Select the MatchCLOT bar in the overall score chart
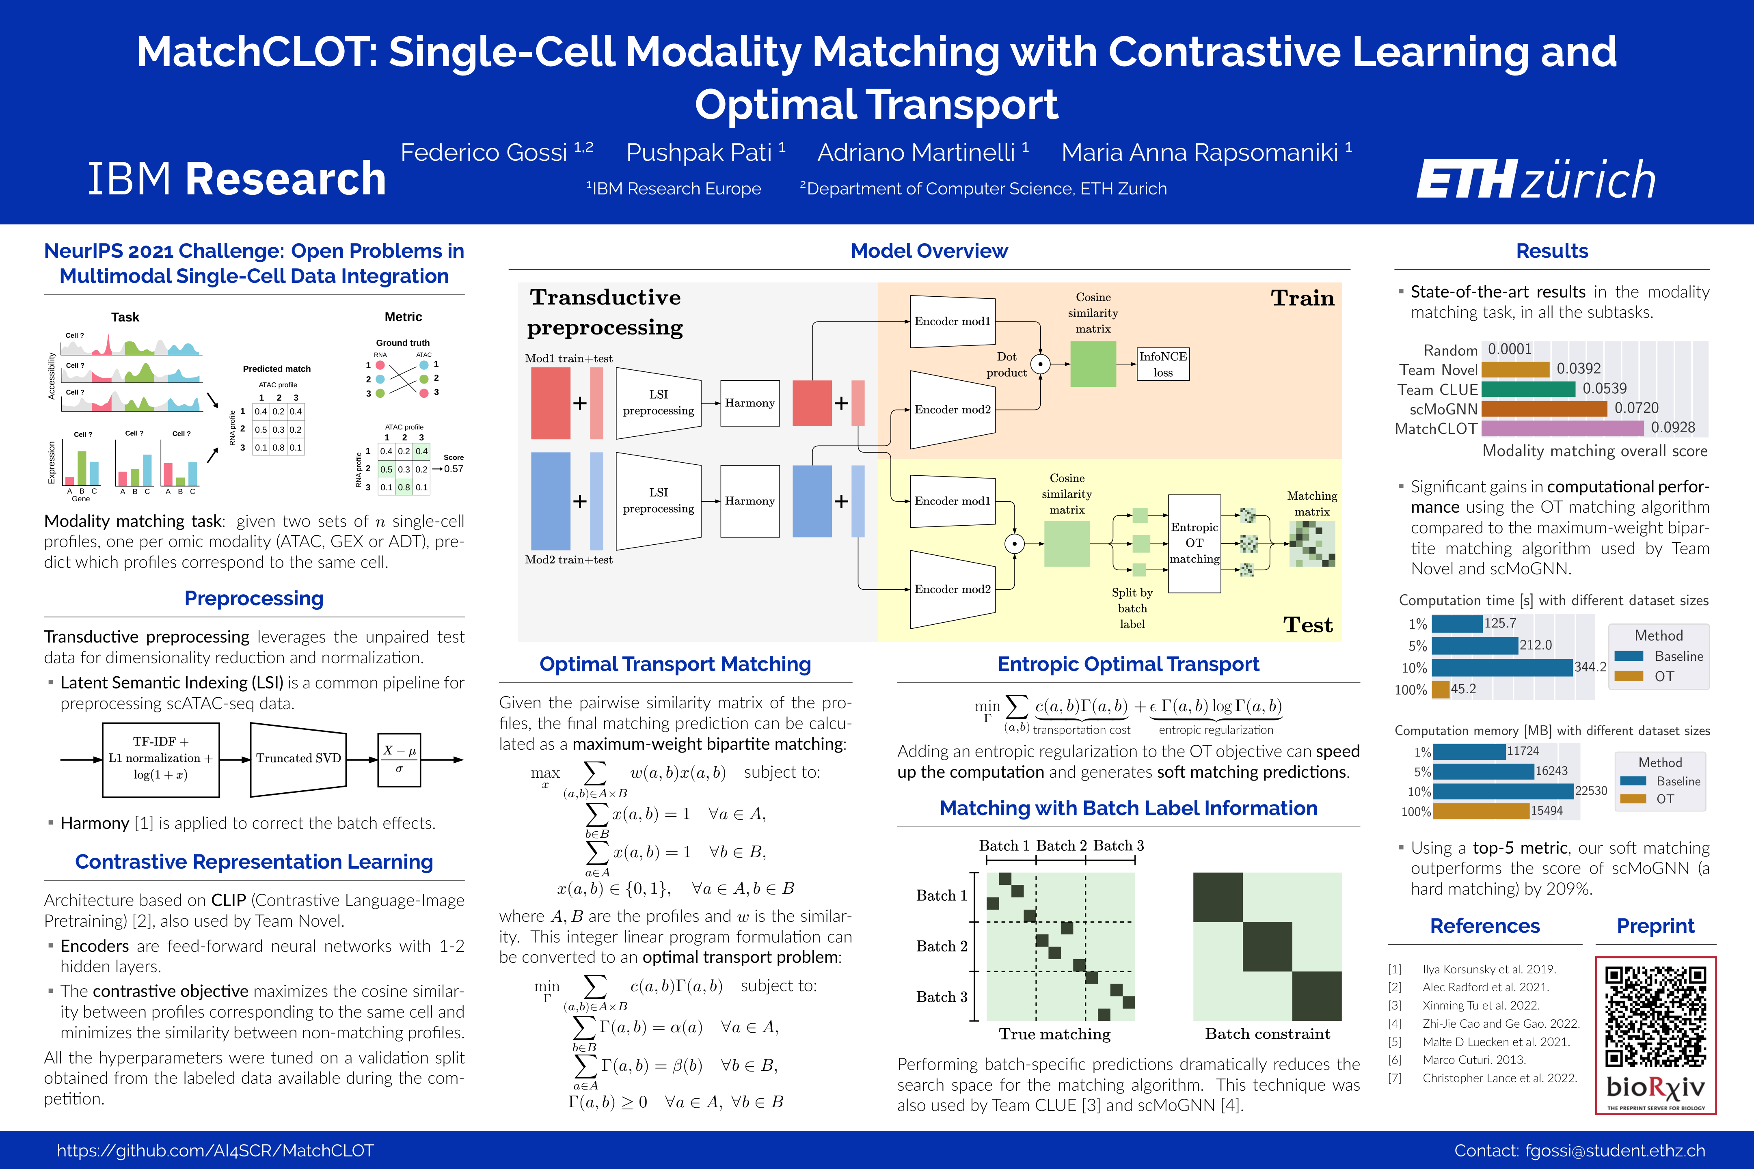tap(1562, 428)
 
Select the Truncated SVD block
tap(298, 758)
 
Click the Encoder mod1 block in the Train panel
tap(953, 321)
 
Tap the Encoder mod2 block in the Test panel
tap(953, 589)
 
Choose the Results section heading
tap(1552, 251)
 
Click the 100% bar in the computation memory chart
tap(1480, 811)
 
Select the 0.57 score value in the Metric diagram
tap(454, 469)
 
